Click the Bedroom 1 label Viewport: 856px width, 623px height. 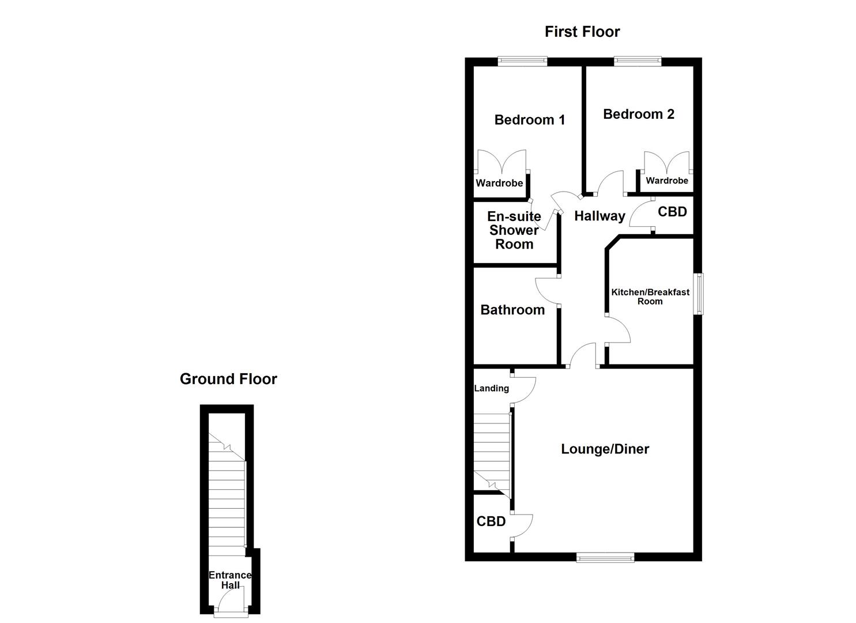529,120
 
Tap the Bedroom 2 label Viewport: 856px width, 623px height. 638,114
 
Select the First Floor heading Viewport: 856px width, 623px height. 582,32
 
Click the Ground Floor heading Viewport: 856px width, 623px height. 228,379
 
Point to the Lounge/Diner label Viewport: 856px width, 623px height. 605,449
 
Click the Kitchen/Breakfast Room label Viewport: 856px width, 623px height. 650,297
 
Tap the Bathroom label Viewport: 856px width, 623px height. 512,310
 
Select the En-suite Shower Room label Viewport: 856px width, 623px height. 514,230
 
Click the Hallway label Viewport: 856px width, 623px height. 599,216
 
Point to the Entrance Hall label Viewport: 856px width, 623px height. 230,580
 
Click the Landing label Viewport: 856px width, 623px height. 491,388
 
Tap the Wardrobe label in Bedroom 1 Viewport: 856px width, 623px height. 499,183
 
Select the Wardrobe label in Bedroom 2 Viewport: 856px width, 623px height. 666,181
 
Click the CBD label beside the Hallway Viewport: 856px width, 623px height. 672,212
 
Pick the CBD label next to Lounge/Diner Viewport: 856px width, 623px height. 491,521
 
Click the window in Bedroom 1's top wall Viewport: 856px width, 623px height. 522,59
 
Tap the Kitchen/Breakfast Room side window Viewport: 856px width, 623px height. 699,294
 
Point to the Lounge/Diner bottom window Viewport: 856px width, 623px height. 605,557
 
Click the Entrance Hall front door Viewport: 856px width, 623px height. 231,613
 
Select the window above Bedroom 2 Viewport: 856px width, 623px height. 637,59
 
